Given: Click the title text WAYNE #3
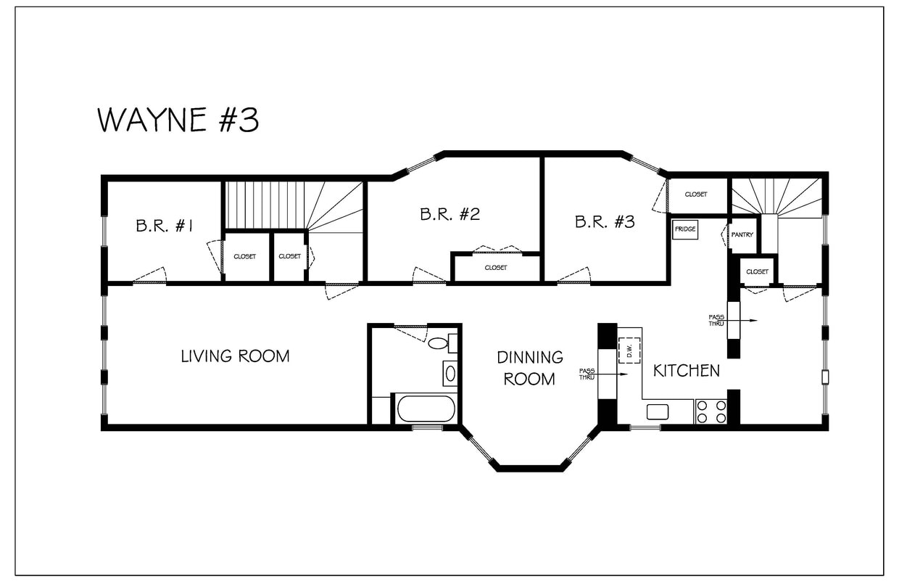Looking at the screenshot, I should [x=178, y=120].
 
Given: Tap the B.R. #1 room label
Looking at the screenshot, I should [x=164, y=226].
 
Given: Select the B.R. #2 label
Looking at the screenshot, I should [x=449, y=214].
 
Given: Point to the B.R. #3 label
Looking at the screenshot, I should [x=605, y=222].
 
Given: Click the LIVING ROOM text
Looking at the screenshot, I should [x=235, y=356].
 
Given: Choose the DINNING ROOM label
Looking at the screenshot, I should [x=530, y=368].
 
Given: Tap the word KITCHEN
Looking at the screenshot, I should [x=687, y=371].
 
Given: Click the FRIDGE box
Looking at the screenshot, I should [x=685, y=229].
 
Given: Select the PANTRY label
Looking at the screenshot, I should [x=742, y=235].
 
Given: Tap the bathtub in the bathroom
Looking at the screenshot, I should [x=426, y=409].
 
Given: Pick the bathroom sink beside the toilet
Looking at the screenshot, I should [x=449, y=374].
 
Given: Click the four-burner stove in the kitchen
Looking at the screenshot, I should [x=711, y=411].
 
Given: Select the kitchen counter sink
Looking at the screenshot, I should [x=658, y=411].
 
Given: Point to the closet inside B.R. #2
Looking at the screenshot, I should [x=496, y=267].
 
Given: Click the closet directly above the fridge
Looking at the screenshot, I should [x=696, y=194].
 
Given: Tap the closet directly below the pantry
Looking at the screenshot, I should [x=757, y=271].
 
